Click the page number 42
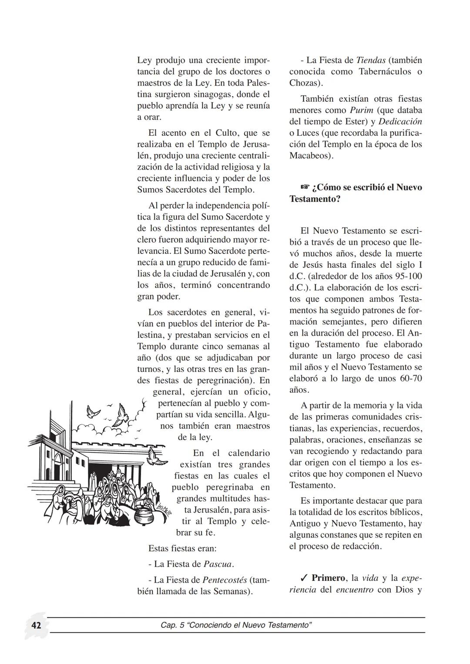click(36, 625)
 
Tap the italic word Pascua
click(218, 564)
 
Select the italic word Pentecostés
click(225, 580)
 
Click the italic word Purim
click(362, 110)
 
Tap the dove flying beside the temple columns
click(156, 457)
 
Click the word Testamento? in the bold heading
click(315, 199)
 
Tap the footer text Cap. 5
click(172, 625)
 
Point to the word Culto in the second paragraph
click(226, 133)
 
